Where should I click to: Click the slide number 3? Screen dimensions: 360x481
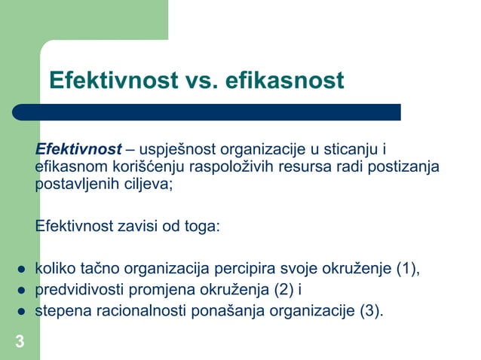20,343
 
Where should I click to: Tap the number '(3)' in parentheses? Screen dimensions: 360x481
369,310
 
